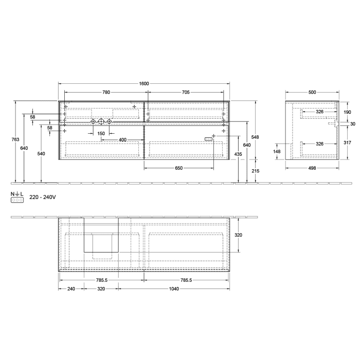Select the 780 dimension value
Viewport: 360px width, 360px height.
coord(106,93)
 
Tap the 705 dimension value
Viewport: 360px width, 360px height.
coord(186,93)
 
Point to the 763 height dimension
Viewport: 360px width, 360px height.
coord(15,139)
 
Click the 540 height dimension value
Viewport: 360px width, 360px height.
coord(41,154)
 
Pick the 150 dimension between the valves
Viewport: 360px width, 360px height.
coord(101,133)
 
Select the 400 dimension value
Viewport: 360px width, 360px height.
coord(122,140)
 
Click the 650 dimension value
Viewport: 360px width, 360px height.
coord(178,168)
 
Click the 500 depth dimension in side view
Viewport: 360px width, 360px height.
coord(312,93)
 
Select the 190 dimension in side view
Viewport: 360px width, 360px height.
coord(347,112)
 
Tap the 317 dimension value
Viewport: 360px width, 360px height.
coord(347,143)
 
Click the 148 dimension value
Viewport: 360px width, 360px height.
coord(277,151)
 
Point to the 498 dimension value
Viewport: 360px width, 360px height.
coord(312,168)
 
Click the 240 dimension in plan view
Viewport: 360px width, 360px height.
coord(71,289)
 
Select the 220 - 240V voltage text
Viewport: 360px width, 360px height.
coord(42,197)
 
